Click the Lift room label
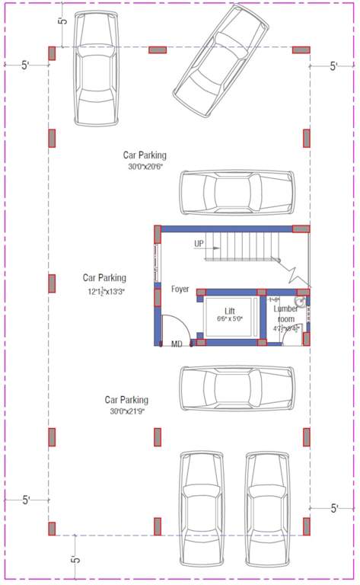(229, 311)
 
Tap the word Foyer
(180, 289)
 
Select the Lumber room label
(286, 314)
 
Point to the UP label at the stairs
(199, 244)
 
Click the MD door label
(177, 344)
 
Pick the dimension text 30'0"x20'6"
(146, 166)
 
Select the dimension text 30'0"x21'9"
(126, 411)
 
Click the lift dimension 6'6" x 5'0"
(229, 319)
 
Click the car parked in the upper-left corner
(97, 69)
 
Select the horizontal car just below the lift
(237, 389)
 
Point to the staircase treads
(244, 245)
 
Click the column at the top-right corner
(301, 50)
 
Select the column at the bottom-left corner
(53, 528)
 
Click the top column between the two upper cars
(158, 50)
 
